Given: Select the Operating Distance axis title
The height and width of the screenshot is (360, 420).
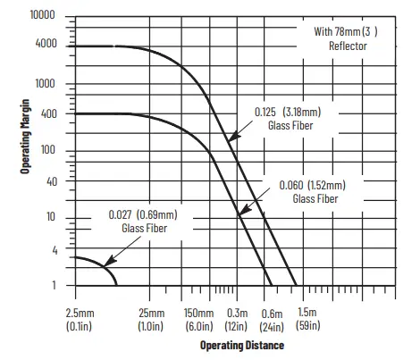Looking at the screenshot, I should pos(241,345).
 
